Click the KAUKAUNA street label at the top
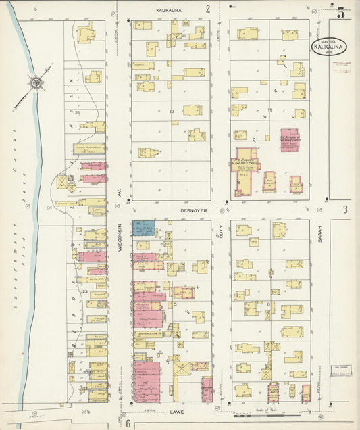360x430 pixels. coord(170,11)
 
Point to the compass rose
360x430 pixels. coord(36,84)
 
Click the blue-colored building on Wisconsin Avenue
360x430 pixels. coord(144,229)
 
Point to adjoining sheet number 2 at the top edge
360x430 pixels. coord(208,9)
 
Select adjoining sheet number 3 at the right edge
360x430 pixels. coord(344,210)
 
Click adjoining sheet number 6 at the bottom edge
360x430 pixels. coord(127,423)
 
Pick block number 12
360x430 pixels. coord(172,111)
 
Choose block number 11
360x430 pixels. coord(269,110)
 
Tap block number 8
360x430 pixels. coord(269,305)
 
